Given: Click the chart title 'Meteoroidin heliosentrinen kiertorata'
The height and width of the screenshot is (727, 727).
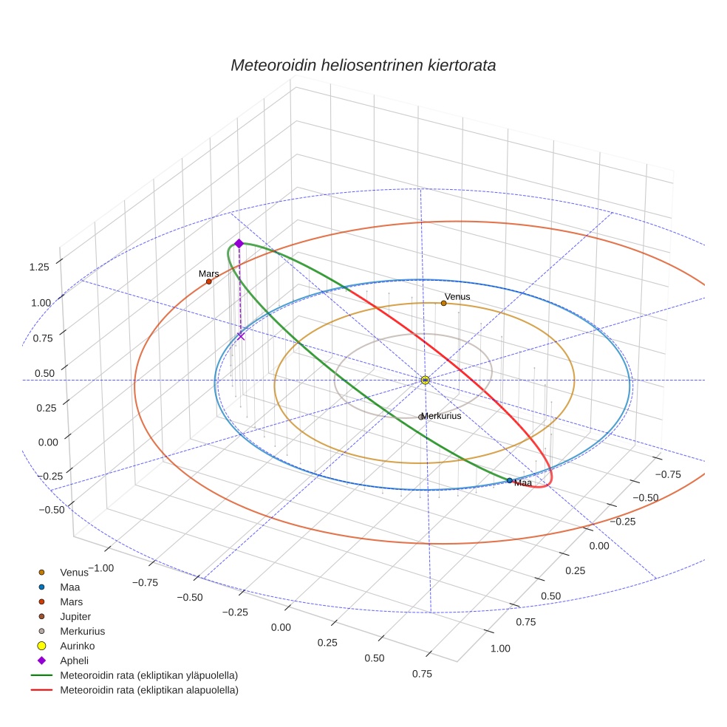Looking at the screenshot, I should pos(363,65).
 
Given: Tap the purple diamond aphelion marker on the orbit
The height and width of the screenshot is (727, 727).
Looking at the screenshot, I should pos(239,243).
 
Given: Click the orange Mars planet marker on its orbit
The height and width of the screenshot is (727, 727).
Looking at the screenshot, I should pos(209,281).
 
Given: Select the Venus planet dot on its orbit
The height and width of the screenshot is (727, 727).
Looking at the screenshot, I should pos(444,303).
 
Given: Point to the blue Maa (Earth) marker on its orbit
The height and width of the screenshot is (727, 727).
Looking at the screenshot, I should pos(510,480).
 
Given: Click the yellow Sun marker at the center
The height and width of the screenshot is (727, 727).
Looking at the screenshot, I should pos(426,380).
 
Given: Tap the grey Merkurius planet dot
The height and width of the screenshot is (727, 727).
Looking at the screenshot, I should pos(421,417).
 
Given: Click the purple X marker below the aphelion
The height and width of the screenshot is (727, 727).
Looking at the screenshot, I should pos(241,336).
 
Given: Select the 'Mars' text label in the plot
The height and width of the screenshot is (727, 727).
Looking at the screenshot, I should pos(209,273).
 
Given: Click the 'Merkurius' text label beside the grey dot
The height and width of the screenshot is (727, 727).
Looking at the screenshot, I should pos(442,416).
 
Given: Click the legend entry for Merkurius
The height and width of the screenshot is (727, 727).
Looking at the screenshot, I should pos(82,631).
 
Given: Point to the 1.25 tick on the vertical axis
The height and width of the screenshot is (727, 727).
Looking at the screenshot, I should pos(39,267).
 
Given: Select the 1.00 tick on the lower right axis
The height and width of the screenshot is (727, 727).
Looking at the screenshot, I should pos(500,649).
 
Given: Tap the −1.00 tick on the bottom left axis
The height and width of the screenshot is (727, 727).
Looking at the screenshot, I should pos(101,568).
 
